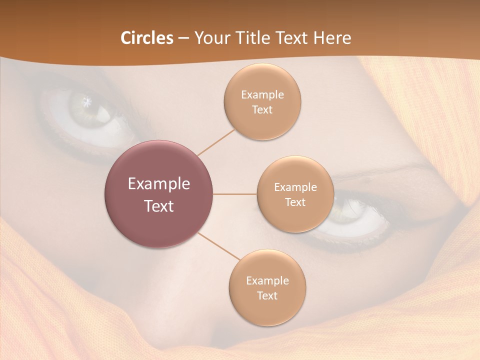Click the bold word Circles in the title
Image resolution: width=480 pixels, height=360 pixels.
coord(147,38)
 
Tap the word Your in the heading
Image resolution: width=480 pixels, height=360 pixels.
coord(210,38)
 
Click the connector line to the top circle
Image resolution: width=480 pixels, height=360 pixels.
coord(216,142)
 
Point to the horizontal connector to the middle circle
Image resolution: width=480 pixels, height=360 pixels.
coord(235,194)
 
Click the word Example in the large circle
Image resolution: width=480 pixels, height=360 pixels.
coord(159,184)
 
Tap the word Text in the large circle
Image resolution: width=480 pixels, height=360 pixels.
coord(159,206)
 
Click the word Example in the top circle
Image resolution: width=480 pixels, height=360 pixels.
coord(262,95)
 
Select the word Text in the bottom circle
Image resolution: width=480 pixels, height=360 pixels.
coord(267,295)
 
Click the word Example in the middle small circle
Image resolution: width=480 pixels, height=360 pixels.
coord(295,187)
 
